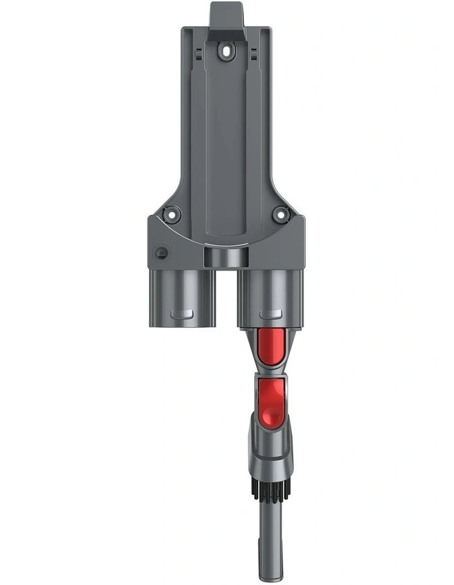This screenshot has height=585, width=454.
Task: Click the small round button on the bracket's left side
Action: [x=162, y=253]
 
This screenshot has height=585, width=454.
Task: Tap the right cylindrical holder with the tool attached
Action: [x=271, y=296]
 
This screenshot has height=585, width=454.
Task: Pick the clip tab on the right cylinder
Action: [x=271, y=313]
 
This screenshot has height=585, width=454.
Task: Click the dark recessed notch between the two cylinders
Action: [x=226, y=257]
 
